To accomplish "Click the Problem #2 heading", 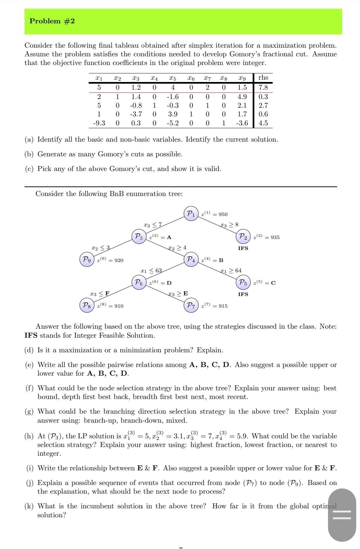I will tap(52, 21).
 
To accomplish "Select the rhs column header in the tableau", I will tap(263, 78).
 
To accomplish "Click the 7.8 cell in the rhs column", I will tap(263, 88).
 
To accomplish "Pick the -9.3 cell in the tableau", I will tap(99, 123).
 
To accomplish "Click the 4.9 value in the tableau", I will tap(242, 97).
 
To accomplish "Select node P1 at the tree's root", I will tap(191, 214).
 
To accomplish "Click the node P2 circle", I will tap(243, 237).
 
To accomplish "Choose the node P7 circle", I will tap(191, 305).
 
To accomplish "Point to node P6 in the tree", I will tap(139, 282).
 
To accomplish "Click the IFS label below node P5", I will tap(243, 294).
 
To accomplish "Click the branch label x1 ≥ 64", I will tap(231, 270).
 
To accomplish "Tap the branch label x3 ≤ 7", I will tap(152, 225).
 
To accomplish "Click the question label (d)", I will tap(29, 350).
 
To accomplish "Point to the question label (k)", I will tap(29, 506).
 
